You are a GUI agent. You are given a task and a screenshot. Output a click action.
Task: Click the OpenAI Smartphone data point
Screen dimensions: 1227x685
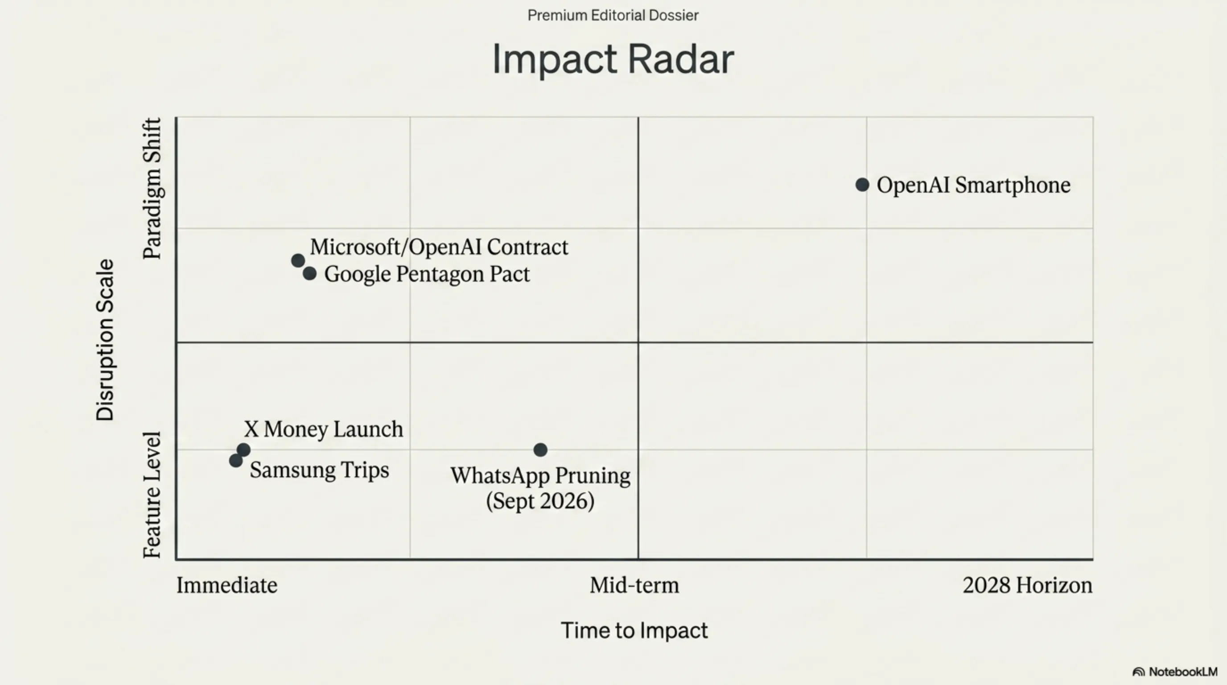click(x=862, y=185)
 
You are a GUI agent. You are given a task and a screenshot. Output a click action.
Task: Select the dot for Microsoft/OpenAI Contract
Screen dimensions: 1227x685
click(x=298, y=260)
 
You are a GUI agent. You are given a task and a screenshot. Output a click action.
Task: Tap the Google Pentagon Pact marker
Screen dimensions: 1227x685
click(x=309, y=273)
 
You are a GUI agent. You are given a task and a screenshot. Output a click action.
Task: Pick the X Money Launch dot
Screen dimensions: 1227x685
click(x=244, y=449)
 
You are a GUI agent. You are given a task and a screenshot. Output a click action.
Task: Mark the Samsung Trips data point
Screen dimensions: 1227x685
click(x=236, y=461)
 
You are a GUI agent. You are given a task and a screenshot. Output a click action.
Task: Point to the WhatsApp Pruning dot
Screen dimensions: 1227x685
click(x=540, y=450)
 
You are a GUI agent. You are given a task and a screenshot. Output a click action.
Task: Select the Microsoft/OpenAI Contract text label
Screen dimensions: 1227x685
click(x=439, y=247)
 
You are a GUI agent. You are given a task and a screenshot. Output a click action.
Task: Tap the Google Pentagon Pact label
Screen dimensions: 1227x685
click(x=427, y=274)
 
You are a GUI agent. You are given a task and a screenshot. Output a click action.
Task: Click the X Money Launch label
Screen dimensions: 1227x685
click(x=323, y=429)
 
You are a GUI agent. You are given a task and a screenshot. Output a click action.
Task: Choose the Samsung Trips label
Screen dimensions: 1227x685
click(x=320, y=470)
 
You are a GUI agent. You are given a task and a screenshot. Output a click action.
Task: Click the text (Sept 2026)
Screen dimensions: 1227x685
click(x=540, y=501)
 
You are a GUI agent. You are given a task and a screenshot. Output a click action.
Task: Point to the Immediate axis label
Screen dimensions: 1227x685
click(x=227, y=585)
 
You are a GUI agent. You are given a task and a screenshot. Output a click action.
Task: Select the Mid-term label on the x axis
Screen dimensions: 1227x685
click(x=634, y=585)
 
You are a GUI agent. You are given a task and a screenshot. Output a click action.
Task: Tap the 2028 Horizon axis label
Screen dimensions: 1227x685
click(x=1027, y=585)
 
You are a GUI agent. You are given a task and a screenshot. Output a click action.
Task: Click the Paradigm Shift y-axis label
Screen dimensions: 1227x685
click(x=152, y=189)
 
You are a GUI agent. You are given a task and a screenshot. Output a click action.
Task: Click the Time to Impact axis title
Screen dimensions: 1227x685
click(x=634, y=630)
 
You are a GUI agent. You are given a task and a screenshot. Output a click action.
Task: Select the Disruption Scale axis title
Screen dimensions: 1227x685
click(x=105, y=340)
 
